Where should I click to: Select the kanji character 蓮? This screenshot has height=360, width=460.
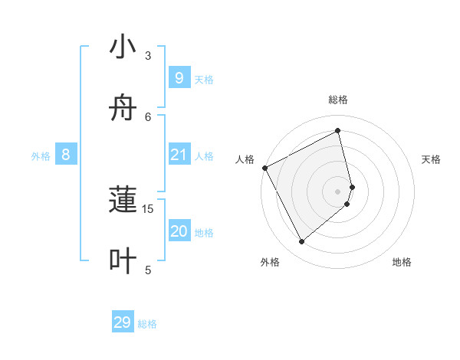[123, 201]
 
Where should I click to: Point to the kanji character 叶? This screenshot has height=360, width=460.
[123, 261]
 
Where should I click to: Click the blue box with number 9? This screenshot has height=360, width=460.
[179, 77]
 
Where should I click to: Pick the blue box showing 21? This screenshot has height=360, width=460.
[179, 155]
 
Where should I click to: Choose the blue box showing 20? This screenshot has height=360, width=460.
[179, 231]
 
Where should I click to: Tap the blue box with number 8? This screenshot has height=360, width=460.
[66, 155]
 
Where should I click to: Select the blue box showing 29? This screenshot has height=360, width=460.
[123, 322]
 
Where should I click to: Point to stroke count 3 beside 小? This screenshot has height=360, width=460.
[148, 55]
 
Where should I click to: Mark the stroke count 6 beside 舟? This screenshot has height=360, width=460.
[148, 116]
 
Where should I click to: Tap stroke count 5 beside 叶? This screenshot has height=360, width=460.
[148, 270]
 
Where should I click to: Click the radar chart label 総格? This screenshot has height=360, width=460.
[338, 100]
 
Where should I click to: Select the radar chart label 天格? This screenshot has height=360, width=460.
[432, 159]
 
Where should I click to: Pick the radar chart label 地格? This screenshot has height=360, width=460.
[402, 262]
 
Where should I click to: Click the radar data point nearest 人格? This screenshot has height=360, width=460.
[264, 168]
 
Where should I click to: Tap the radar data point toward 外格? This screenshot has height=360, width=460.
[301, 241]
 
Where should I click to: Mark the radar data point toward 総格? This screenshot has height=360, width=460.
[338, 131]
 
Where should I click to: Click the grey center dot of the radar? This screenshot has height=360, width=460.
[338, 191]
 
